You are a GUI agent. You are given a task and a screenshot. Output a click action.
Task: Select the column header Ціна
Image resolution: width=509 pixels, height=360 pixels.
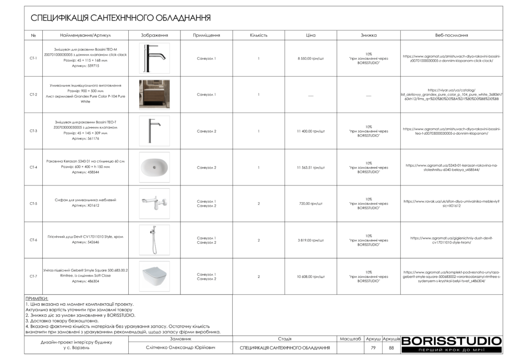coord(311,35)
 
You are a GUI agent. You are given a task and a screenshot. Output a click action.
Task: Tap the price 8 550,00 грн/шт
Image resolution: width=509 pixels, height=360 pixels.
coord(311,58)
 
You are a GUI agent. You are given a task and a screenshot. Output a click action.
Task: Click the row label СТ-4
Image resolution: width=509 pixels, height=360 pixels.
coord(33,168)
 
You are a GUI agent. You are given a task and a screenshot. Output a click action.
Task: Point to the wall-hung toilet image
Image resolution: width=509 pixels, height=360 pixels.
coord(154,276)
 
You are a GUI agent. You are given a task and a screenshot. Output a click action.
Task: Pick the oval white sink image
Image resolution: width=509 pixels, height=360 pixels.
coord(154,167)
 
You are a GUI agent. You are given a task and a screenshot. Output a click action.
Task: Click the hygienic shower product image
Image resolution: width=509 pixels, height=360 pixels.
coord(154,240)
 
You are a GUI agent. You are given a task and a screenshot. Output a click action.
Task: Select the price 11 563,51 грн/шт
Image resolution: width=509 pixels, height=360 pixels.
coord(311,168)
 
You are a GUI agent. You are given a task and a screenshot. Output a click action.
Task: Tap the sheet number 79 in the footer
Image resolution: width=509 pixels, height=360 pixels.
coord(373,348)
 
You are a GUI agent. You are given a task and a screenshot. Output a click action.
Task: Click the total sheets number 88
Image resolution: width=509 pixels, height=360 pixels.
coord(391,348)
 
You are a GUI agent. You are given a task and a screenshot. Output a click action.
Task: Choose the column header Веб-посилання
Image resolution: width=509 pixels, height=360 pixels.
coord(451,35)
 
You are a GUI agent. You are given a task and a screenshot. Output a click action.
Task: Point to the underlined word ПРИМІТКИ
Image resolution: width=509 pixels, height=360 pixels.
coord(36,298)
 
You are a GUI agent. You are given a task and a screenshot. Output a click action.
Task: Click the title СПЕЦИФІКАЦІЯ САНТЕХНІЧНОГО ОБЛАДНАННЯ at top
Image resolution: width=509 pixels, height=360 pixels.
coord(121,18)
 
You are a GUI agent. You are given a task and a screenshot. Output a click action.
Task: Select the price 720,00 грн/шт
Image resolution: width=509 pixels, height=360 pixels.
coord(311,204)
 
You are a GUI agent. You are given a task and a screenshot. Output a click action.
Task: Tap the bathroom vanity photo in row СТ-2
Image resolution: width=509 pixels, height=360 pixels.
coord(154,94)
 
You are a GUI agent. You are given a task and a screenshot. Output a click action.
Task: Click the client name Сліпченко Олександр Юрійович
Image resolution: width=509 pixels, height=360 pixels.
coord(181,348)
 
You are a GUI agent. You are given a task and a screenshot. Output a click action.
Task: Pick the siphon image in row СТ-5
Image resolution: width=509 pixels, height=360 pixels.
coord(154,203)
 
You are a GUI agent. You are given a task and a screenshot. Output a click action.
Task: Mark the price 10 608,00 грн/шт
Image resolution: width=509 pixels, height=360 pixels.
coord(311,276)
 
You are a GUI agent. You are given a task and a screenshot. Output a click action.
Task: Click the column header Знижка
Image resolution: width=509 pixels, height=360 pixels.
coord(368,35)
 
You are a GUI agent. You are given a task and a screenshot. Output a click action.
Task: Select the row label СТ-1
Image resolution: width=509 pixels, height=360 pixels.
coord(33,58)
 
